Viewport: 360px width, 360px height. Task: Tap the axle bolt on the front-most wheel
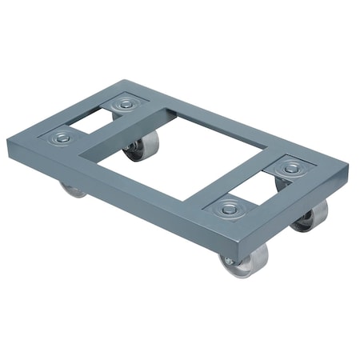230,262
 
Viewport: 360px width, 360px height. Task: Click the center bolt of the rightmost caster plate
290,168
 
